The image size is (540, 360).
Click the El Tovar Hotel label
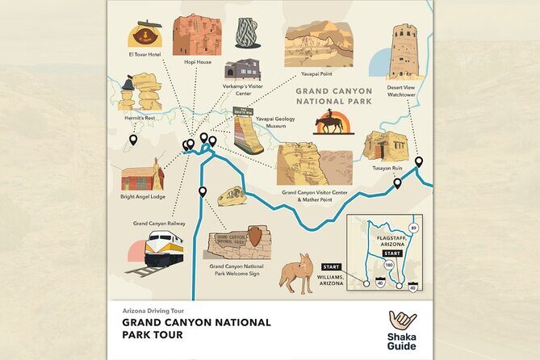[144, 55]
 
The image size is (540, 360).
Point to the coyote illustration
[295, 272]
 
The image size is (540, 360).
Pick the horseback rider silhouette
[332, 123]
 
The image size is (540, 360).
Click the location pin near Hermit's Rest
[133, 140]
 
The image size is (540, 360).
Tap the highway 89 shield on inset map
[413, 228]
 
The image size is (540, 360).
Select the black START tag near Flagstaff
[392, 253]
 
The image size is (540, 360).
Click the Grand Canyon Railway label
[159, 223]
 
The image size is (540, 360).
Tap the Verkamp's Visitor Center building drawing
[242, 69]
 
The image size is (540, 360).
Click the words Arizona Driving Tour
[154, 310]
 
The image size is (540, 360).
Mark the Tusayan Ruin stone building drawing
[383, 146]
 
